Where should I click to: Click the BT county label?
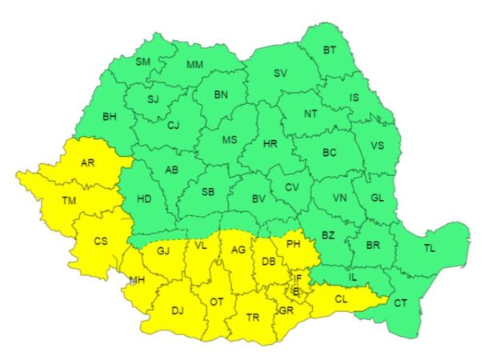click(x=330, y=50)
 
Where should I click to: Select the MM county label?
click(x=194, y=65)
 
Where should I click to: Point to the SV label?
click(x=280, y=74)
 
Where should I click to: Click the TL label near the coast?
click(x=430, y=249)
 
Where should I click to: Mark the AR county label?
click(x=87, y=163)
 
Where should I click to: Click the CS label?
click(x=101, y=241)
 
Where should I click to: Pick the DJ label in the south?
click(x=178, y=311)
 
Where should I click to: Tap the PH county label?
click(x=293, y=243)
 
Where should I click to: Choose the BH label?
click(x=109, y=117)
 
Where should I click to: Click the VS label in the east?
click(x=378, y=146)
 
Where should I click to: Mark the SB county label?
click(x=207, y=192)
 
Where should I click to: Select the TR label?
click(x=252, y=318)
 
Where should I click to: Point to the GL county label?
click(x=379, y=199)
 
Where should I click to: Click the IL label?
click(x=353, y=276)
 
